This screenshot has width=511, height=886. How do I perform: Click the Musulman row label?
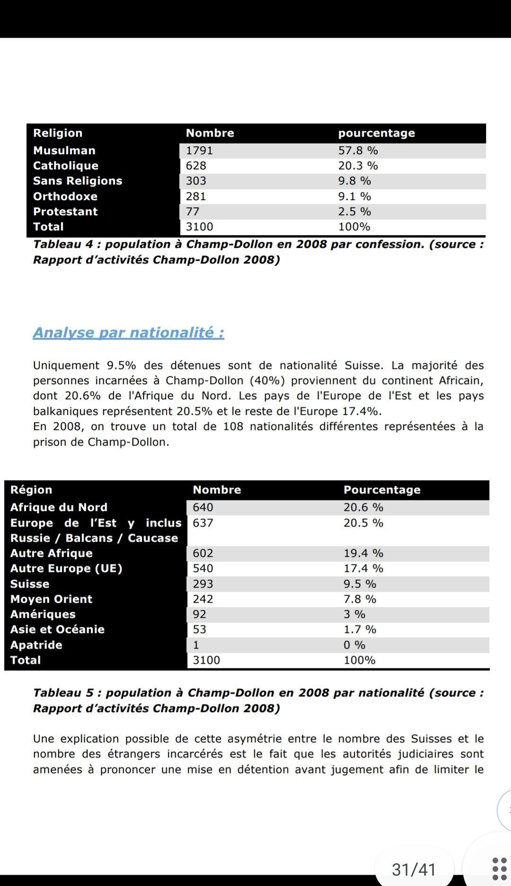64,150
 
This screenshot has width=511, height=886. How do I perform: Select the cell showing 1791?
199,150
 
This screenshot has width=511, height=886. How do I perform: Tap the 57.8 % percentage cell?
358,150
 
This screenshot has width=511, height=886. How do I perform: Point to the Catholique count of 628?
196,166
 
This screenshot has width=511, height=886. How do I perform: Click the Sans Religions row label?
78,181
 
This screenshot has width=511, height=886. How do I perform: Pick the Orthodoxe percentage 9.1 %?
354,196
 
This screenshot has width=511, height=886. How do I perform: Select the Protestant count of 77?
193,211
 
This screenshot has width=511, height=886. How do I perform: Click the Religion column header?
58,133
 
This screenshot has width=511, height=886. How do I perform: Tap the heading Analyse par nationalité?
128,333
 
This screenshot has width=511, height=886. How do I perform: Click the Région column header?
31,490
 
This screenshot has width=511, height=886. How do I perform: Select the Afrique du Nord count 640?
203,507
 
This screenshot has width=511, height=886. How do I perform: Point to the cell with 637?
203,523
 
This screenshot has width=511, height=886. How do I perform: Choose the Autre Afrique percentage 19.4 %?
363,553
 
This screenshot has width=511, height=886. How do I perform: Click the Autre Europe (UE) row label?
66,568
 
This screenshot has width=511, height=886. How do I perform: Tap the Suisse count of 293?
203,584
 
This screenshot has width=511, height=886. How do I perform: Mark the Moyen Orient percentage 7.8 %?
360,599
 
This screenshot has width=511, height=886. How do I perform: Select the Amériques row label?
43,614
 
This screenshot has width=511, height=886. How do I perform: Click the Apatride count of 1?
196,645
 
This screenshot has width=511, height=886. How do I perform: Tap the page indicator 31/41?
414,869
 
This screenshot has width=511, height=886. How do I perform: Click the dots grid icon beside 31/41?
499,869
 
